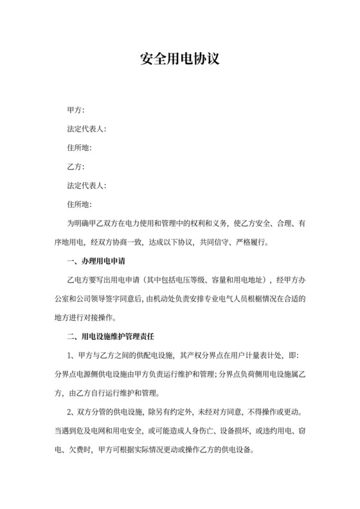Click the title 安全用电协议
coord(180,60)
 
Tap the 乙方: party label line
coord(76,166)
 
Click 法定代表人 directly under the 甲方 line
coord(87,129)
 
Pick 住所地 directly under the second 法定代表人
coord(80,204)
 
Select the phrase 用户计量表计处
coord(251,355)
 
